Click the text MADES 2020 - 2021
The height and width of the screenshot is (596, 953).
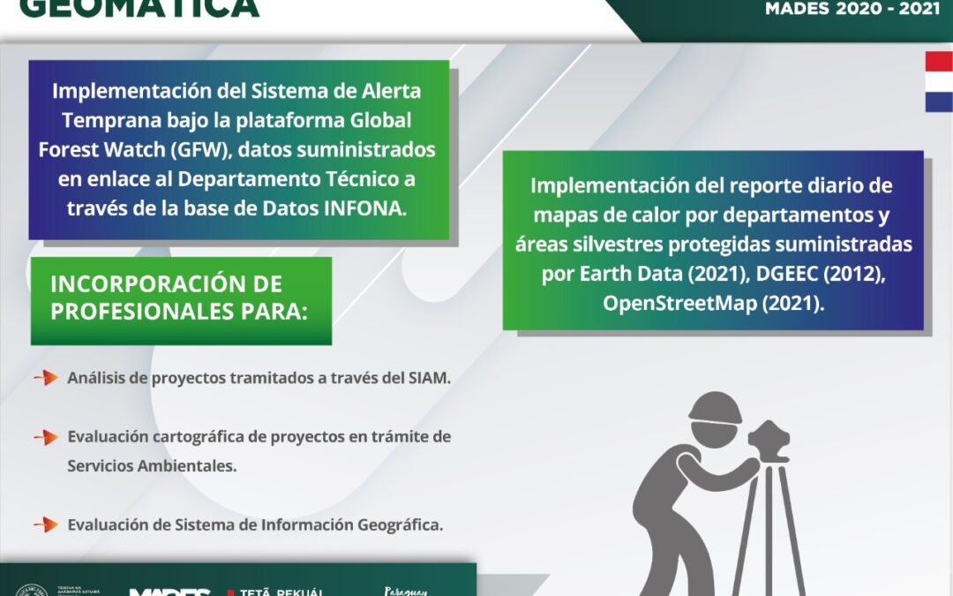[x=852, y=9]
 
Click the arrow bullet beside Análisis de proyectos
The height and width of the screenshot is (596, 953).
[x=46, y=378]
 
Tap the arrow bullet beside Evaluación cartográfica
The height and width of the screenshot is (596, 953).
[x=46, y=437]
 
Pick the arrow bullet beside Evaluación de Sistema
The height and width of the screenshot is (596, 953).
[x=46, y=524]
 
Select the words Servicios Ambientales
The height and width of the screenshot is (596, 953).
[x=152, y=466]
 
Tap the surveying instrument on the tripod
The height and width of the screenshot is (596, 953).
[x=770, y=441]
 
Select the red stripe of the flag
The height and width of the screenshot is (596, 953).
[x=939, y=61]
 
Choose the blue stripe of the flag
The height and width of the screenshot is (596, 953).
[x=939, y=102]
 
